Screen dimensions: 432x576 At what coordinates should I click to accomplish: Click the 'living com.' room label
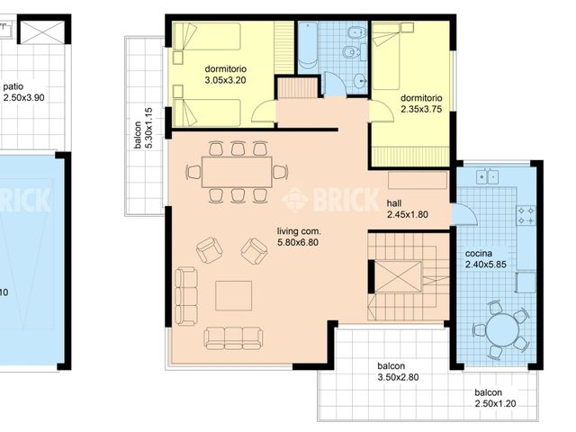click(299, 231)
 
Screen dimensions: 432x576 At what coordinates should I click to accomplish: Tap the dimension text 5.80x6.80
click(299, 243)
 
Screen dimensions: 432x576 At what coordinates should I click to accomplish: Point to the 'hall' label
click(394, 203)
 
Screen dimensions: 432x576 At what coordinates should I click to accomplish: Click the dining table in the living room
click(237, 171)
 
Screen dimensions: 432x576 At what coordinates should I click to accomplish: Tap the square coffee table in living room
click(233, 295)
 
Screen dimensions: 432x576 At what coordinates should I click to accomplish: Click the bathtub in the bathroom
click(308, 45)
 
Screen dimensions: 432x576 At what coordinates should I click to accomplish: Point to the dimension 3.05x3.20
click(225, 80)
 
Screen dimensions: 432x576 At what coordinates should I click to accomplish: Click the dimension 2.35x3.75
click(422, 110)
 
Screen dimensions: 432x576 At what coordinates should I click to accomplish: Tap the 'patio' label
click(13, 87)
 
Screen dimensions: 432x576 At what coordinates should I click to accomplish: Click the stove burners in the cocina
click(526, 215)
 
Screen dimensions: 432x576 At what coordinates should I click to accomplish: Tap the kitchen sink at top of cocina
click(487, 175)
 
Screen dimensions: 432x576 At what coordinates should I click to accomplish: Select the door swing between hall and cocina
click(463, 215)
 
